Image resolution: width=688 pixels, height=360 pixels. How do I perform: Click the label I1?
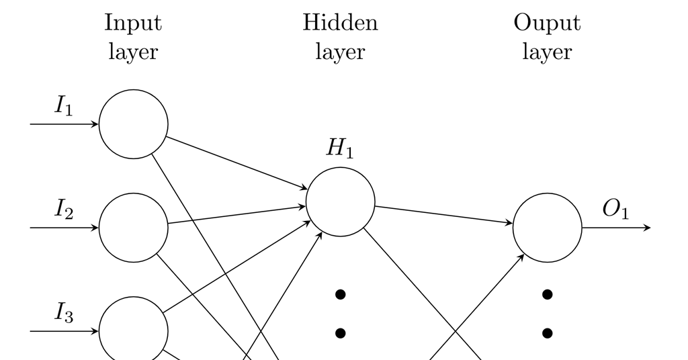point(64,106)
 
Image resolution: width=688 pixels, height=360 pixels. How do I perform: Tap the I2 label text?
point(64,210)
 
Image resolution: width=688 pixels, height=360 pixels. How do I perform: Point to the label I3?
point(64,314)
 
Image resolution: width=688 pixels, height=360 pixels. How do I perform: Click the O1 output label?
point(615,210)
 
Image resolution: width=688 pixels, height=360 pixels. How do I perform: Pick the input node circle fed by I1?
point(134,124)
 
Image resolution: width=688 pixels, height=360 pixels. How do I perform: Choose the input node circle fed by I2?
point(134,228)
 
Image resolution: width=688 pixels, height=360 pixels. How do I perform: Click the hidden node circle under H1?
point(341,202)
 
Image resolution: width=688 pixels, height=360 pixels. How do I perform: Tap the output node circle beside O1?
point(548,228)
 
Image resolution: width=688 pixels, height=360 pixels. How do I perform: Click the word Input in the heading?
point(133,23)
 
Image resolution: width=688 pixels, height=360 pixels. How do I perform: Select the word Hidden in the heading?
point(340,23)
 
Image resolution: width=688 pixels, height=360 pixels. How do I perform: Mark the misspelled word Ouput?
point(547,23)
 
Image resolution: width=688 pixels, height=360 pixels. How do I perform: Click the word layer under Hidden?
point(340,52)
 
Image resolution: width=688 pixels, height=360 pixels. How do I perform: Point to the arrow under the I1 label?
point(64,124)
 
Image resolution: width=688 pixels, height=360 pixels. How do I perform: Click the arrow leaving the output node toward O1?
point(616,228)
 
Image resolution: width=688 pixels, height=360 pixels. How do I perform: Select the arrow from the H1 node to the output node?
point(443,215)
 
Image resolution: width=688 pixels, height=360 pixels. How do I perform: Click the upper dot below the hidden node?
point(340,294)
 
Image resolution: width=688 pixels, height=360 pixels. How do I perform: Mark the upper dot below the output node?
point(547,294)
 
